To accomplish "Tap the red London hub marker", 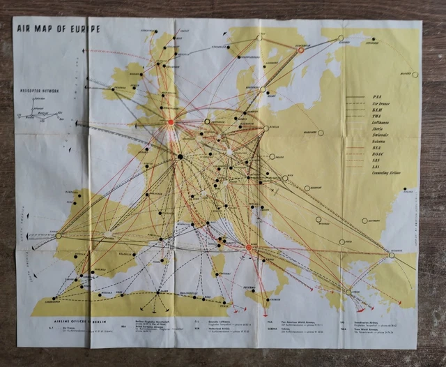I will [x=171, y=122].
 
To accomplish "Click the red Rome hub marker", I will [x=249, y=247].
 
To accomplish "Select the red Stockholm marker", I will [x=301, y=50].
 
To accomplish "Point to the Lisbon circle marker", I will [x=59, y=236].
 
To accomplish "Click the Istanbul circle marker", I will [x=392, y=255].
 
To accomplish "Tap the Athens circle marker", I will [x=348, y=292].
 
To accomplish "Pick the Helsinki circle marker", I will [x=341, y=38].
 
